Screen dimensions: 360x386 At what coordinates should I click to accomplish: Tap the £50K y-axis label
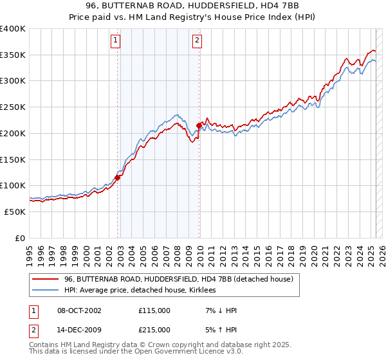(15, 212)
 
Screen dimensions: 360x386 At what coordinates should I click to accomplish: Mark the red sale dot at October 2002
(118, 177)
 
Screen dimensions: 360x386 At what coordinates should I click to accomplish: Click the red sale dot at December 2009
(199, 125)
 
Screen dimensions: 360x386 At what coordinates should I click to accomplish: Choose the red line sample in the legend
(45, 279)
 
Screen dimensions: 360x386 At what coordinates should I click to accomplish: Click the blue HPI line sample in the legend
(45, 291)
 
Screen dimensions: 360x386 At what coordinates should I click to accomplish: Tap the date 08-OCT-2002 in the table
(79, 310)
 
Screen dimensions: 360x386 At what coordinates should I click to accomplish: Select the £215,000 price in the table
(154, 330)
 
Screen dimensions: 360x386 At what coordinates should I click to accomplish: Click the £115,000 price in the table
(154, 310)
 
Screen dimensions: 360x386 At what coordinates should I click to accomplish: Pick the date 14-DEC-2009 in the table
(79, 330)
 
